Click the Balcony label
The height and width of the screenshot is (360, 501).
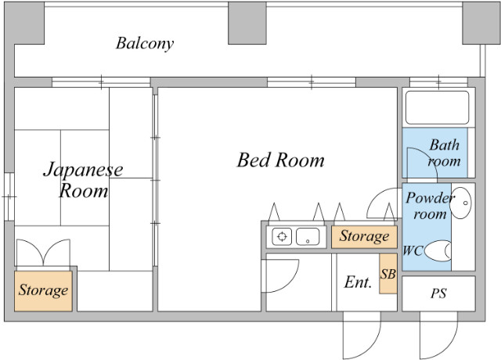coord(145,44)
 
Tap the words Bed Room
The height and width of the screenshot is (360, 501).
coord(280,160)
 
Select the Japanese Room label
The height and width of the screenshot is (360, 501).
coord(83,180)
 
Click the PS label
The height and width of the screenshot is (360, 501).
coord(438,293)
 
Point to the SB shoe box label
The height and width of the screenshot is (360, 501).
coord(388,274)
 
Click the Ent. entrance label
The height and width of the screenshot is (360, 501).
coord(358,282)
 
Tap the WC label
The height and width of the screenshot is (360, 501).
coord(413,250)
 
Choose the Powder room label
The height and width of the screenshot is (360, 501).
coord(430,206)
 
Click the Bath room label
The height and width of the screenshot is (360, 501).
coord(444,153)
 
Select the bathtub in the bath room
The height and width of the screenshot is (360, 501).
coord(437,108)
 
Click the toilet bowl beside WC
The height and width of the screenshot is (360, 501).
coord(438,250)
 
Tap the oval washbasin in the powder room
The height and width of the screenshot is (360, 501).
coord(460,203)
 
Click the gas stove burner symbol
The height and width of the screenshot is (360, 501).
coord(282,236)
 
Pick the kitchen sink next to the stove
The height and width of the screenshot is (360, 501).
coord(308,236)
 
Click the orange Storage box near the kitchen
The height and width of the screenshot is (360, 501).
coord(364,236)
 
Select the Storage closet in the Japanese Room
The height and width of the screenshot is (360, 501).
coord(43,290)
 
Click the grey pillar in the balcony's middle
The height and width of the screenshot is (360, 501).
coord(247,23)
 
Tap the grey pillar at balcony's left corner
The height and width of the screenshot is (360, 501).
coord(24,23)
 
